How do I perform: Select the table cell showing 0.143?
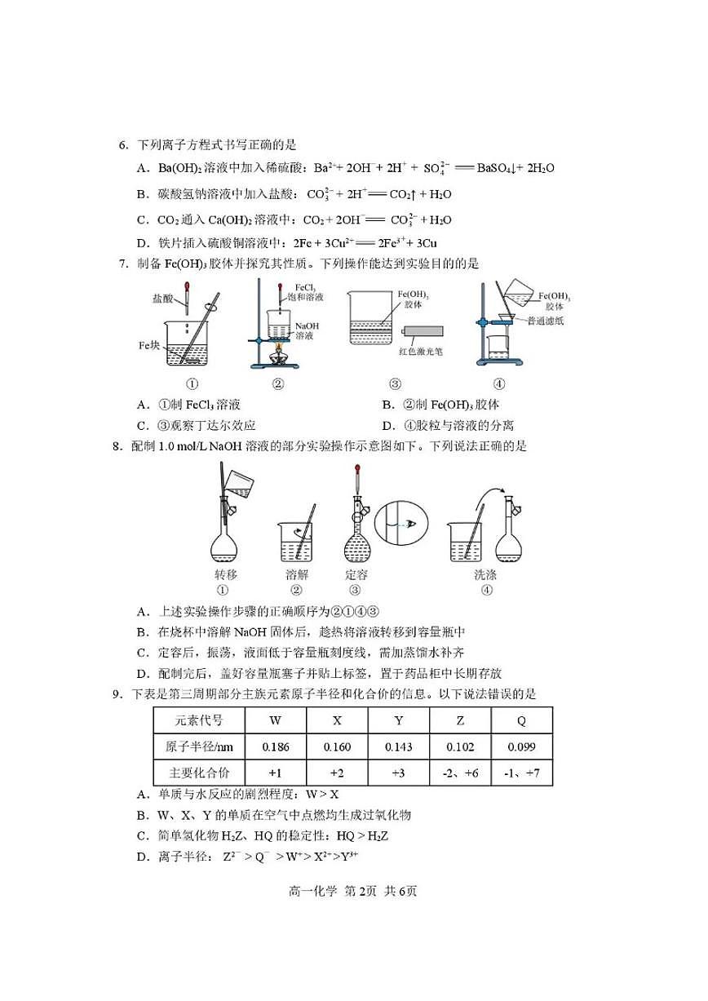[399, 747]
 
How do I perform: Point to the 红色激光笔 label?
[421, 352]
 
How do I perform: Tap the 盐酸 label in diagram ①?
[162, 299]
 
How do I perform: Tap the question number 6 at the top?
[123, 145]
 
